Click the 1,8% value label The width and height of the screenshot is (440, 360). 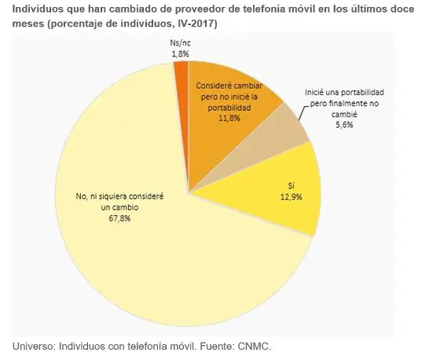tap(181, 53)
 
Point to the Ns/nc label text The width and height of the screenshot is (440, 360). tap(181, 44)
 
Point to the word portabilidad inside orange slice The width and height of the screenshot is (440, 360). tap(229, 106)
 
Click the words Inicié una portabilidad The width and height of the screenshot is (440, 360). tap(344, 92)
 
